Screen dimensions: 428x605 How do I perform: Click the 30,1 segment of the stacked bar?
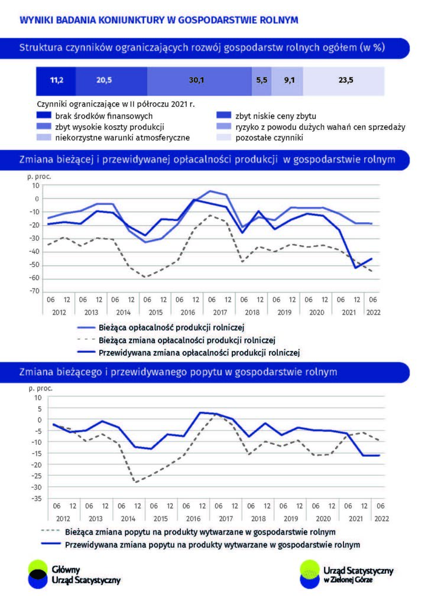(x=199, y=81)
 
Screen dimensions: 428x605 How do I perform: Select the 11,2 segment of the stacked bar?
(x=56, y=81)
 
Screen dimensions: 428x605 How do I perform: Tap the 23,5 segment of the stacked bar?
(x=343, y=81)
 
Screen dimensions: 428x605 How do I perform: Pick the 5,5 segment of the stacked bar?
(x=261, y=81)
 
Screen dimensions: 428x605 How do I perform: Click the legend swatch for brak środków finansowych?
(x=44, y=115)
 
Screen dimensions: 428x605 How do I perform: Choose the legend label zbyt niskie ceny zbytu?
(x=275, y=116)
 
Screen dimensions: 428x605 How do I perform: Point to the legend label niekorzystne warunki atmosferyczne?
(x=122, y=138)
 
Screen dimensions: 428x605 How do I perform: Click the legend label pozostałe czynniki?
(x=269, y=138)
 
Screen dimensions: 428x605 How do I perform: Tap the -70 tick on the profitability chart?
(x=35, y=291)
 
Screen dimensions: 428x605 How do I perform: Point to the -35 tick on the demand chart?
(x=37, y=499)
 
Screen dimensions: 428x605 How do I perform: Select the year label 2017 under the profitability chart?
(x=220, y=312)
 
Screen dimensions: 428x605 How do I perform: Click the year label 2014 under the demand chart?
(x=128, y=519)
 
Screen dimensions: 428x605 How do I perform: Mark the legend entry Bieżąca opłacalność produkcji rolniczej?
(x=161, y=327)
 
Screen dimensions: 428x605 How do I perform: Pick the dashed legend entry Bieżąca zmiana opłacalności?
(x=176, y=340)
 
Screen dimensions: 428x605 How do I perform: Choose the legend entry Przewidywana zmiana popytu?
(x=200, y=545)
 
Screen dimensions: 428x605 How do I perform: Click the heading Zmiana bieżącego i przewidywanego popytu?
(x=178, y=372)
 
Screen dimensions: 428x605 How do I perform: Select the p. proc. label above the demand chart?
(x=41, y=388)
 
